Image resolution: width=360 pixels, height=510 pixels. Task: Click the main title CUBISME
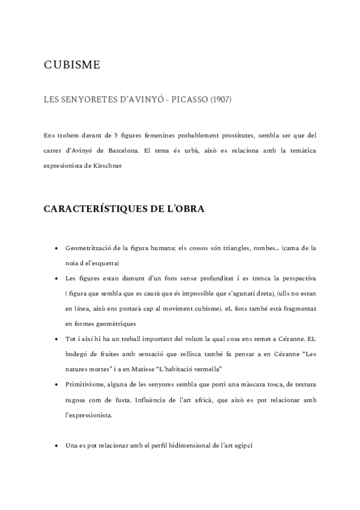(72, 65)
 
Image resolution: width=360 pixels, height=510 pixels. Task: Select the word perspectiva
(296, 279)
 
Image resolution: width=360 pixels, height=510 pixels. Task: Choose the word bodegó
(77, 354)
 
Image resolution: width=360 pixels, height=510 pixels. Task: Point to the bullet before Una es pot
(56, 446)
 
